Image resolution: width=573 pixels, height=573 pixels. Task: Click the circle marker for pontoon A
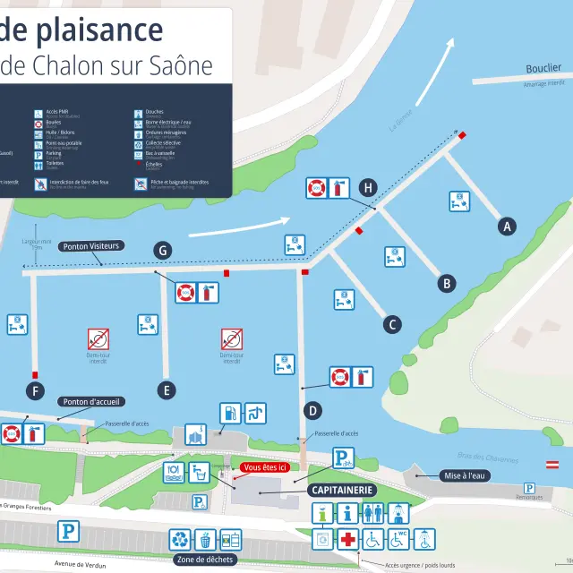508,227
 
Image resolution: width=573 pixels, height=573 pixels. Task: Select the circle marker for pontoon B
446,284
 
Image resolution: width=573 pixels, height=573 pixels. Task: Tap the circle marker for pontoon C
392,324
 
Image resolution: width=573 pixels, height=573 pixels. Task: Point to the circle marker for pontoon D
313,411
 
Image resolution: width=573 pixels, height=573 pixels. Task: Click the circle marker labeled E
166,389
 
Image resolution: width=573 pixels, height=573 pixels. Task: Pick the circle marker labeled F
36,390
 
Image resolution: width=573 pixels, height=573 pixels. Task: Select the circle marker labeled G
162,250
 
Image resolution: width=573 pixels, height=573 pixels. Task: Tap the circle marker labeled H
367,187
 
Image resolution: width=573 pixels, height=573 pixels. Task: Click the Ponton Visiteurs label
91,246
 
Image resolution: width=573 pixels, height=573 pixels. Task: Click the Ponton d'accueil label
92,401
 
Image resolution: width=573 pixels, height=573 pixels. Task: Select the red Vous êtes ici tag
264,467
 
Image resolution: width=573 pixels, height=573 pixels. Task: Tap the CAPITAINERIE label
342,491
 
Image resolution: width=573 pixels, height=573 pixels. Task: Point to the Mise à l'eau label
466,475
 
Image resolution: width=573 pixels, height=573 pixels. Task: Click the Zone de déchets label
205,560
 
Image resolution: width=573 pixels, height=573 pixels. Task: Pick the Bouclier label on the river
543,68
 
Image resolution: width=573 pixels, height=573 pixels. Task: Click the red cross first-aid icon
347,539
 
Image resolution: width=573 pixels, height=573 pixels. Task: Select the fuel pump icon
230,414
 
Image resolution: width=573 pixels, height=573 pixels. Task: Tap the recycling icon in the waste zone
182,539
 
